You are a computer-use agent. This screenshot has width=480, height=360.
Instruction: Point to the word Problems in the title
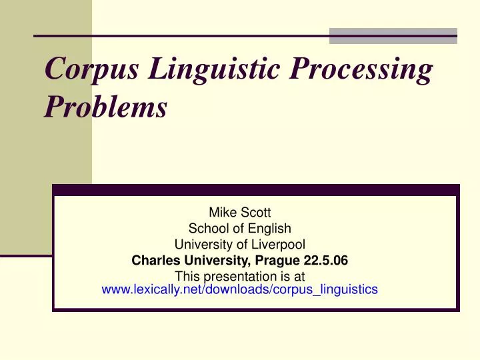pos(105,109)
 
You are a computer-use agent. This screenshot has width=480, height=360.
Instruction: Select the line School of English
pos(239,229)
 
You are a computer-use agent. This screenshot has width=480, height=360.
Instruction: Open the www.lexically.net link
pos(239,289)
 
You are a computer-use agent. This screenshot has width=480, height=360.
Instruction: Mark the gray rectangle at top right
pos(393,36)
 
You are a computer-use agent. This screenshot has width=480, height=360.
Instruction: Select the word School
pos(205,229)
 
